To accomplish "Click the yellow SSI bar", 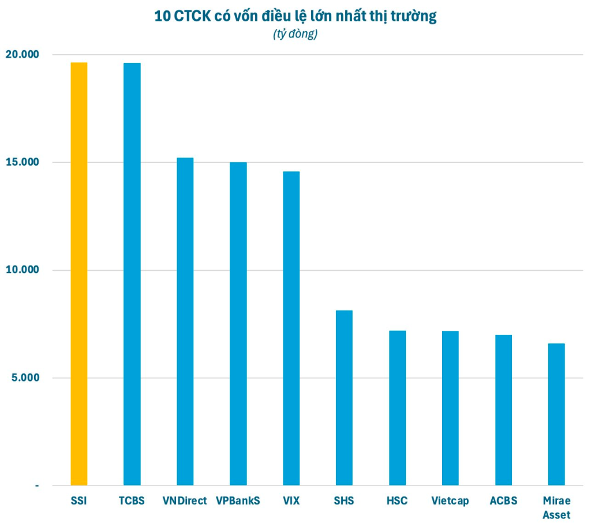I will (x=79, y=274).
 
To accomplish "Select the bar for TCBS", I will (x=132, y=274).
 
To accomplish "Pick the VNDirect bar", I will (x=185, y=321).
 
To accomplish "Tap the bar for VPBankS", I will (x=238, y=323).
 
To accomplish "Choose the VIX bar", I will (x=291, y=328).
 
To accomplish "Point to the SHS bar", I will (x=344, y=398).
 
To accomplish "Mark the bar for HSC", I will (x=397, y=408).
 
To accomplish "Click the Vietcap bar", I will (x=450, y=408).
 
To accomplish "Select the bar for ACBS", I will (x=503, y=410).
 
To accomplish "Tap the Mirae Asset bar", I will (x=556, y=414).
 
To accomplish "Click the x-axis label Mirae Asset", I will (x=556, y=507).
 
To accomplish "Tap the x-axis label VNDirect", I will (x=185, y=500).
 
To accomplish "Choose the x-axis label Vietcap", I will (x=450, y=500).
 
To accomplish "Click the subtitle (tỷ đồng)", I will (x=295, y=35).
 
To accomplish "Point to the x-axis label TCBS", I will (x=132, y=500).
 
